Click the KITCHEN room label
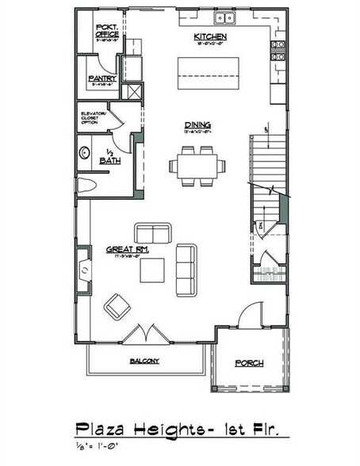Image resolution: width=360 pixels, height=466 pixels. [209, 37]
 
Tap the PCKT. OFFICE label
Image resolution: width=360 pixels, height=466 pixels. [107, 32]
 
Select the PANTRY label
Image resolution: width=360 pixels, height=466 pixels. [103, 78]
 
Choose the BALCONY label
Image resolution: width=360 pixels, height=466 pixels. [144, 361]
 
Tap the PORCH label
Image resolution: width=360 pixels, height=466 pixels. [249, 363]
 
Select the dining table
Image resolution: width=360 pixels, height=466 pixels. [197, 166]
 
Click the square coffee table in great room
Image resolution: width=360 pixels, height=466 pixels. [153, 270]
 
